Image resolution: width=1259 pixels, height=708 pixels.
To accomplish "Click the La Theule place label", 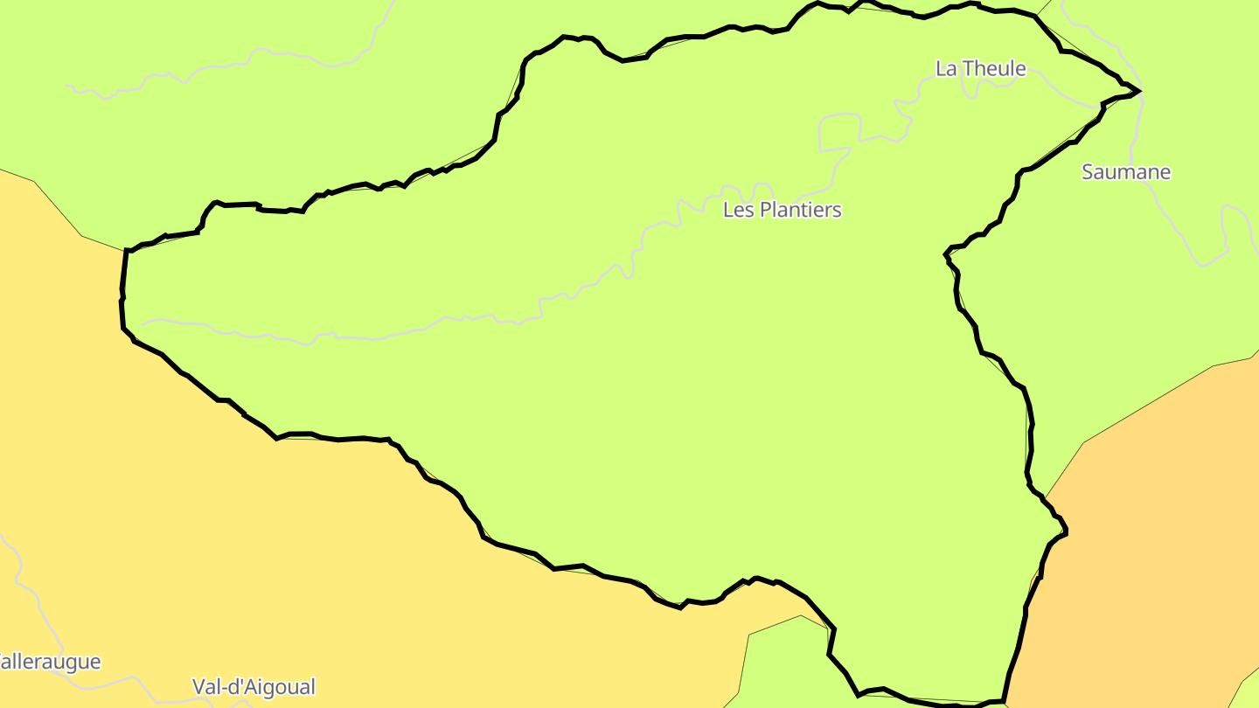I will pyautogui.click(x=980, y=68).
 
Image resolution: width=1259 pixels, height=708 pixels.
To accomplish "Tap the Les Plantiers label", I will pyautogui.click(x=782, y=210).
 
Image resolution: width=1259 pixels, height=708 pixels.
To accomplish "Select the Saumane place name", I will pyautogui.click(x=1125, y=172).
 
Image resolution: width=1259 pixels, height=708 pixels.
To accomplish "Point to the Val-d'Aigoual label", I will pyautogui.click(x=254, y=687).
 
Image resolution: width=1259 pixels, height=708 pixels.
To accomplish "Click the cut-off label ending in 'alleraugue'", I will pyautogui.click(x=50, y=662).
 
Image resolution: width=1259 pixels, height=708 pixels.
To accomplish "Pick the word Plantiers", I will pyautogui.click(x=800, y=210).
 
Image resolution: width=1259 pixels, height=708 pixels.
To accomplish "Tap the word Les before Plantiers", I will pyautogui.click(x=739, y=210).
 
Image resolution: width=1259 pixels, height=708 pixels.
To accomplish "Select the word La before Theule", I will pyautogui.click(x=945, y=68).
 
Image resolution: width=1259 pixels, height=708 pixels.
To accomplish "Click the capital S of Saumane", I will pyautogui.click(x=1088, y=172).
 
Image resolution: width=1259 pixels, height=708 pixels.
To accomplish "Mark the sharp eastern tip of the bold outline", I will pyautogui.click(x=1139, y=91).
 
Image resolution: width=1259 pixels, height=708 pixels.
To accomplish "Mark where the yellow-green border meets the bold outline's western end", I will pyautogui.click(x=126, y=251).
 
